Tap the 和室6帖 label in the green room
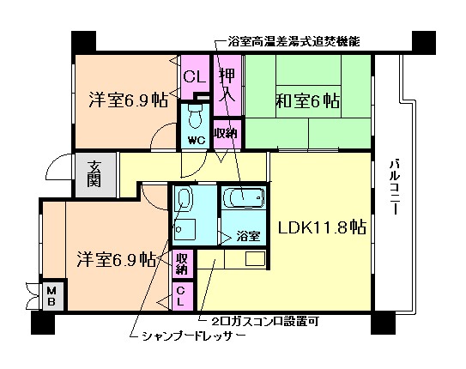(306, 101)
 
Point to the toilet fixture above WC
(194, 113)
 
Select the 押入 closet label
(227, 82)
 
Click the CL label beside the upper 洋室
(194, 76)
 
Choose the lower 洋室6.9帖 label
(113, 258)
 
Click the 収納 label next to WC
(225, 133)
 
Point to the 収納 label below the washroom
(182, 263)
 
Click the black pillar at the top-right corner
(423, 41)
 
